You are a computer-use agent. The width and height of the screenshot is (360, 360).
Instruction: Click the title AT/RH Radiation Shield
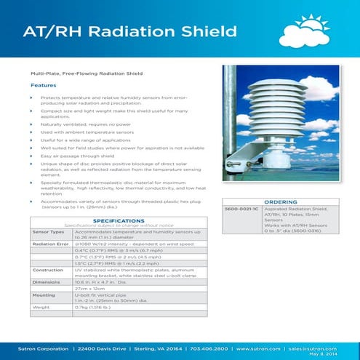130,32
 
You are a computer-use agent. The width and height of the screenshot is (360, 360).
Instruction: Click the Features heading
43,85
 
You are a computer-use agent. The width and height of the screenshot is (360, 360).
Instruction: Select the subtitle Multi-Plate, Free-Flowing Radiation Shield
84,74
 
